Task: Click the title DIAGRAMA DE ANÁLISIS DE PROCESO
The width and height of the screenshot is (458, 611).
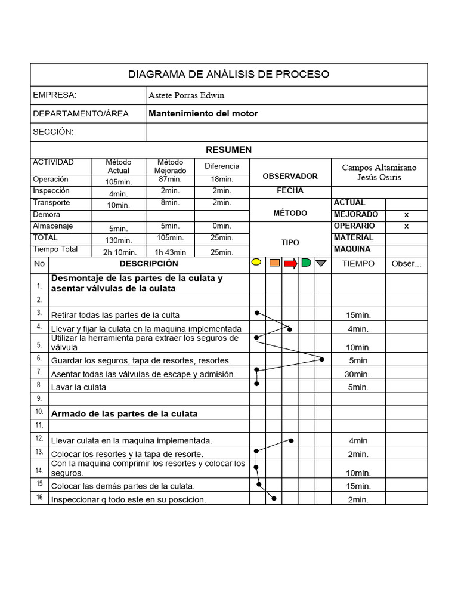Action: click(228, 75)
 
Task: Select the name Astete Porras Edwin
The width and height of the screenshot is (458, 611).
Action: click(186, 95)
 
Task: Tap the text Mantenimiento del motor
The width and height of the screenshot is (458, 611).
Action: click(203, 113)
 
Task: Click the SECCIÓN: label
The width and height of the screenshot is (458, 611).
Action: click(53, 132)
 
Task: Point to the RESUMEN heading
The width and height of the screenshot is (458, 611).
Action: click(228, 150)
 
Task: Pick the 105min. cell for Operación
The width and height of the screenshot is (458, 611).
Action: click(118, 181)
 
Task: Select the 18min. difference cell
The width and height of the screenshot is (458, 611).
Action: click(222, 180)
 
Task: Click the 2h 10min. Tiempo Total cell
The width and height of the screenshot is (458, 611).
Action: click(120, 252)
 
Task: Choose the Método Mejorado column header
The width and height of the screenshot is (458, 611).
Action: click(170, 166)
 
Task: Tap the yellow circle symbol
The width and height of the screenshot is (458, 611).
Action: click(256, 263)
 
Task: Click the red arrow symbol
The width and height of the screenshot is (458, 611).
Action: click(290, 263)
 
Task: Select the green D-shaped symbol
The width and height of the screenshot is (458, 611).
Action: click(306, 263)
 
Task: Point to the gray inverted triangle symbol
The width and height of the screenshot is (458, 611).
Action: click(321, 263)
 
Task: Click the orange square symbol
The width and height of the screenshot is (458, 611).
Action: click(274, 263)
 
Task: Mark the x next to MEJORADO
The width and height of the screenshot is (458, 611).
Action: click(406, 214)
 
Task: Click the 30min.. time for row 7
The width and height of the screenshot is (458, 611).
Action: click(358, 374)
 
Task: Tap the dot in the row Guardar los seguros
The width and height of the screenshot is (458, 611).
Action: click(322, 359)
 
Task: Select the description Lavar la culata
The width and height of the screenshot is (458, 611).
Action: click(79, 387)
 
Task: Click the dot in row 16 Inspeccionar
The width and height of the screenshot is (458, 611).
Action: click(274, 498)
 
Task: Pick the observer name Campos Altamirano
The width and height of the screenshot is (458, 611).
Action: click(379, 168)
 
